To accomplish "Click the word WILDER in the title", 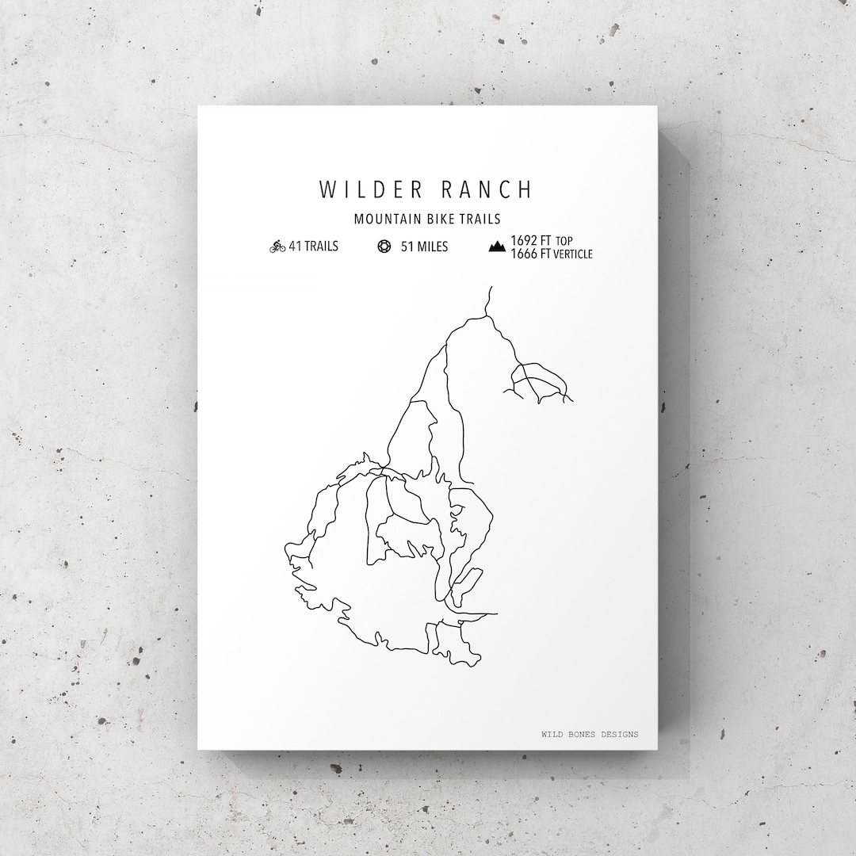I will pos(366,190).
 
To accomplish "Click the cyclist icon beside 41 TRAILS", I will pos(277,246).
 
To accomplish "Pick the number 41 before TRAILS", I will pos(295,246).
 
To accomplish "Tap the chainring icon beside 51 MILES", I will pos(384,246).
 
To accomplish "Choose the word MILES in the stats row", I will pos(432,246).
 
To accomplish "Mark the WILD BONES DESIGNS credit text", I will pos(589,735).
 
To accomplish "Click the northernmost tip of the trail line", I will pos(492,287).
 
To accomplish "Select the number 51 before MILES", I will pos(407,246).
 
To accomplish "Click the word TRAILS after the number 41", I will pos(321,246).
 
